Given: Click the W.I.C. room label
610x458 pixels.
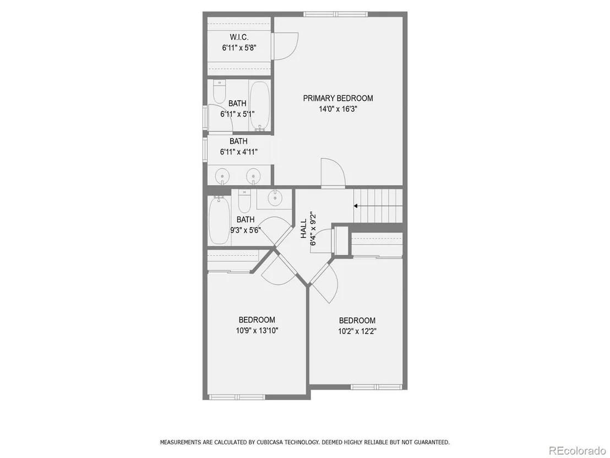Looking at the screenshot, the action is [239, 37].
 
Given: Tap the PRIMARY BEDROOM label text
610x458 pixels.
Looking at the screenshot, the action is [338, 98].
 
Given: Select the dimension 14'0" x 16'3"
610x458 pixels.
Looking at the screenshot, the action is [338, 109].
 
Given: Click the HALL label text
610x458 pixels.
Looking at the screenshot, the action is [304, 229].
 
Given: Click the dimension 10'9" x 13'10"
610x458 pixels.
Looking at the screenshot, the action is [257, 331].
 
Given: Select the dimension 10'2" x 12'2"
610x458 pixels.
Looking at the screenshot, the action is [357, 331].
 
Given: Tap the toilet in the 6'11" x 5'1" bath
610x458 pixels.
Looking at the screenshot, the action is [220, 91].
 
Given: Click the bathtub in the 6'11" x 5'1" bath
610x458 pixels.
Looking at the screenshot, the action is [259, 105].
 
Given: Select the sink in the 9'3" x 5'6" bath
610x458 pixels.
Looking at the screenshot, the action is [275, 197].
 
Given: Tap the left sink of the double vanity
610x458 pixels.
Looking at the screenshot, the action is [222, 176].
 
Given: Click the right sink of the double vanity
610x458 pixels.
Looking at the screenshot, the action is [253, 176].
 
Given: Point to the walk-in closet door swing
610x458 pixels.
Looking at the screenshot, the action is [285, 46].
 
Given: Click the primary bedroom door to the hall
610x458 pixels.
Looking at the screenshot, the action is [333, 173].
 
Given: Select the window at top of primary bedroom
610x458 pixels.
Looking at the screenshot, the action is [335, 14].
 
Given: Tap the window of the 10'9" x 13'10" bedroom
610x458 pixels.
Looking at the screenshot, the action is [237, 397].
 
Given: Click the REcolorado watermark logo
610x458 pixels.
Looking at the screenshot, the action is [577, 451].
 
